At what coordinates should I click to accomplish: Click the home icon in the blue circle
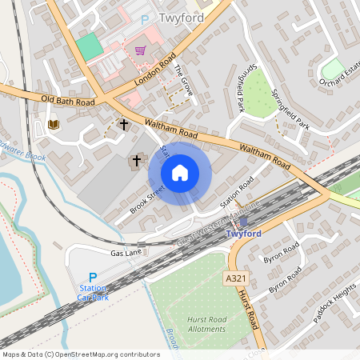click(180, 172)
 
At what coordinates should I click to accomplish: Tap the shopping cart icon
click(140, 50)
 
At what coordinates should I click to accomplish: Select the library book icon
click(54, 124)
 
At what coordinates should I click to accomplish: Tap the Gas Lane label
click(125, 252)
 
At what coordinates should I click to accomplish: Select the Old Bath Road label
click(68, 101)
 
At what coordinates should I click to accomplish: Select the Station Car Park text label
click(93, 292)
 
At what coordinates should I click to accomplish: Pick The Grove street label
click(183, 79)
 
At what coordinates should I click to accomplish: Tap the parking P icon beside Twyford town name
click(145, 19)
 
